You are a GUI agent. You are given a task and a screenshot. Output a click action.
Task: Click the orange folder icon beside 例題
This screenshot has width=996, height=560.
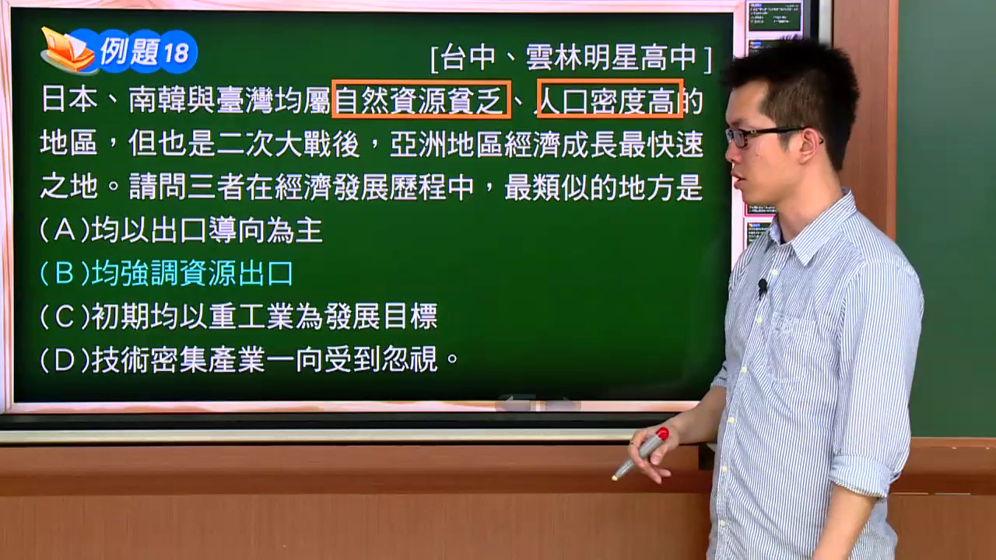tap(67, 50)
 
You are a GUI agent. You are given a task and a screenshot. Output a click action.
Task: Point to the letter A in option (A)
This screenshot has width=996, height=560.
tap(65, 230)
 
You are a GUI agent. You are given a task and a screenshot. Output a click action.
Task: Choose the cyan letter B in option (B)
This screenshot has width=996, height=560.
tap(65, 272)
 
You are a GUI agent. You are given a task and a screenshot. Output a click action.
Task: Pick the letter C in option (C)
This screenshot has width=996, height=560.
tap(65, 317)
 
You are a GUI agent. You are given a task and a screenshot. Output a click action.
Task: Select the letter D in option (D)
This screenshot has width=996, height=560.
tap(65, 359)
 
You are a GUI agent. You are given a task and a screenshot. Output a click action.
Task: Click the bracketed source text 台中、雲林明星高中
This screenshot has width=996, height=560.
tap(571, 58)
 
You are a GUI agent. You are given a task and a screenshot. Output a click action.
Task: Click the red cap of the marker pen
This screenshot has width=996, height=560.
tap(662, 434)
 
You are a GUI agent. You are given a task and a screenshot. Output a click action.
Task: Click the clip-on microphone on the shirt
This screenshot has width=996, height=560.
tap(762, 288)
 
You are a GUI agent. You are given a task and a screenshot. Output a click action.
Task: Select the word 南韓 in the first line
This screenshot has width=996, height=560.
tap(157, 100)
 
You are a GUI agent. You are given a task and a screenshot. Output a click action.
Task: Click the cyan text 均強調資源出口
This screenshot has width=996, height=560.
tap(192, 273)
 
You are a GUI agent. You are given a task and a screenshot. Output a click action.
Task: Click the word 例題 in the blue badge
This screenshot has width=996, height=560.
tap(129, 51)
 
